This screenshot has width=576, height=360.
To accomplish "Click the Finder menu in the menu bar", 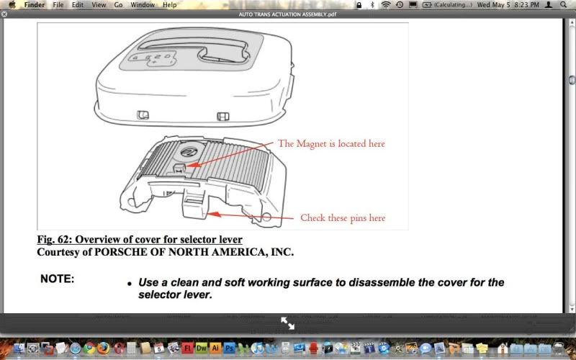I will (x=35, y=4).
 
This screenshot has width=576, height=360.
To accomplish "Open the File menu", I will (x=58, y=4).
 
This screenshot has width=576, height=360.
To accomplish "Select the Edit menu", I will (x=77, y=4).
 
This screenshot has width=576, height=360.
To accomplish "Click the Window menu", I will (x=143, y=4).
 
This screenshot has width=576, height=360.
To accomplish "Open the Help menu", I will (x=169, y=4).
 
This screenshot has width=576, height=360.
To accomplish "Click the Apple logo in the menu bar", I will (x=12, y=4).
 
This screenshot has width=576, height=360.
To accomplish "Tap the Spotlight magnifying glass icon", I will (x=563, y=4).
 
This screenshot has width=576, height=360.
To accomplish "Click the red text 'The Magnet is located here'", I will (x=331, y=144).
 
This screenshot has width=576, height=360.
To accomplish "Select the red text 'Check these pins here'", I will (x=343, y=217).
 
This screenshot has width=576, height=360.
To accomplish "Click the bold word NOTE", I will (x=57, y=279).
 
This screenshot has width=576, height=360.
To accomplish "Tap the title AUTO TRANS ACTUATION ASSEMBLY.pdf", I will (x=287, y=14).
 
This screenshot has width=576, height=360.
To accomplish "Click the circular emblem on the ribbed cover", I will (x=186, y=152).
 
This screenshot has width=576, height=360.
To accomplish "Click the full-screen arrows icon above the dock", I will (x=287, y=323).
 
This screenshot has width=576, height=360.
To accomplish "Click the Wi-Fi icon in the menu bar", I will (x=386, y=4).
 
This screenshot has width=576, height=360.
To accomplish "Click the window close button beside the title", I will (x=5, y=14).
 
